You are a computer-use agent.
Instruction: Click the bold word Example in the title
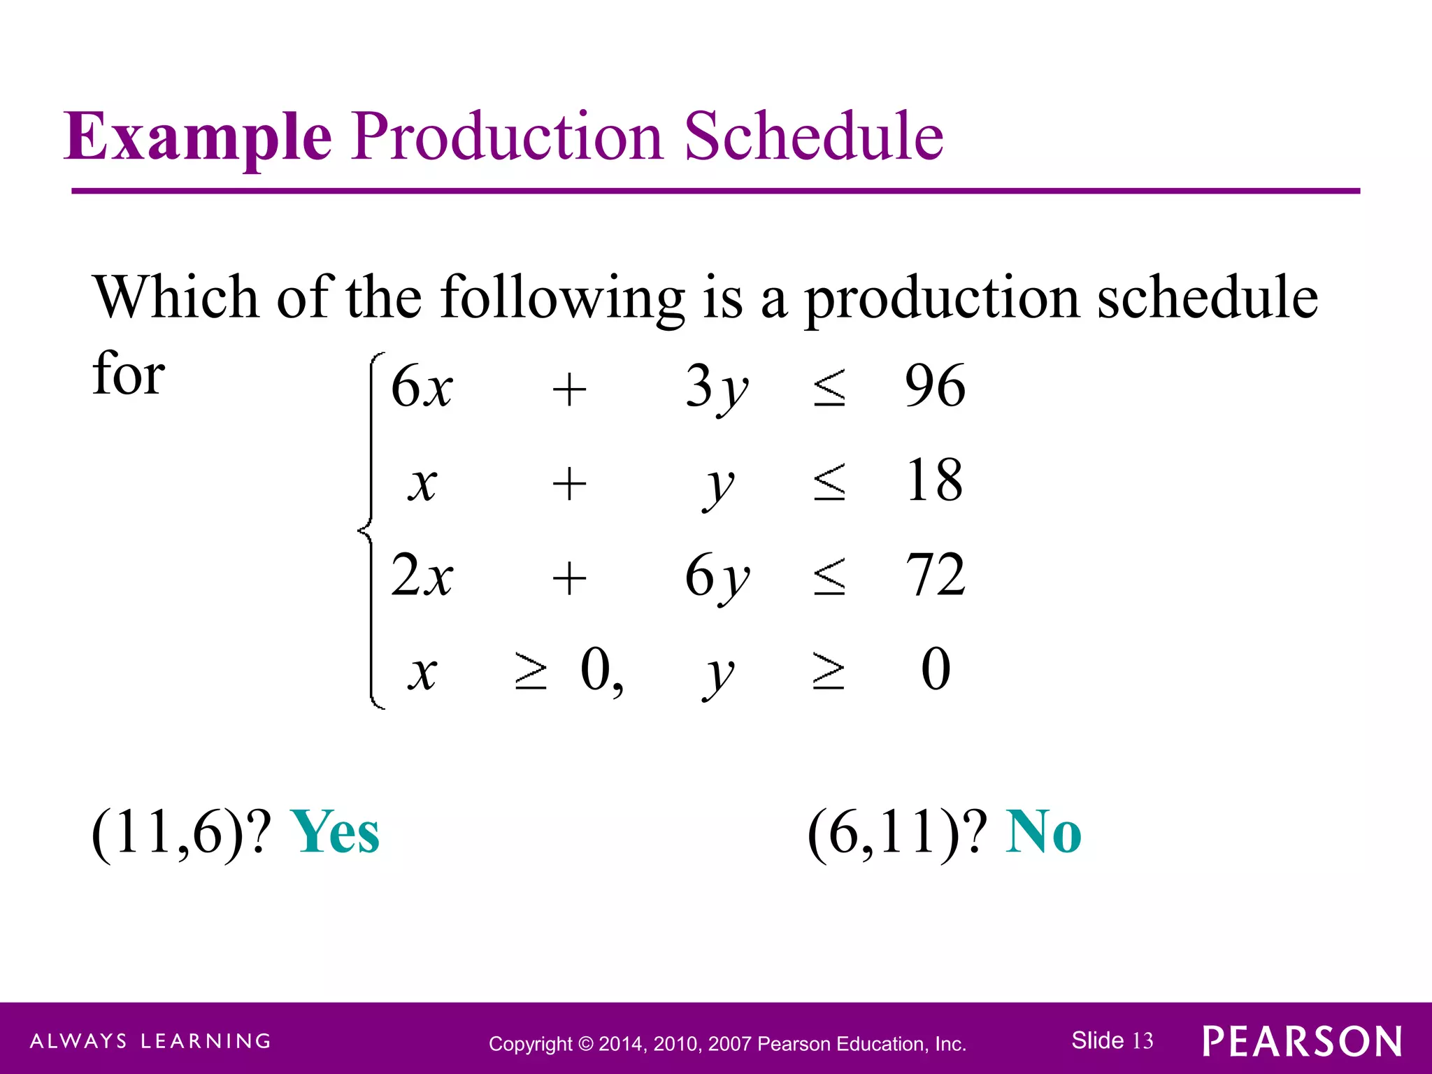pyautogui.click(x=198, y=136)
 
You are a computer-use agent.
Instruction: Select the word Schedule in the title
pyautogui.click(x=813, y=136)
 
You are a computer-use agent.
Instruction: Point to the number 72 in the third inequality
pyautogui.click(x=935, y=575)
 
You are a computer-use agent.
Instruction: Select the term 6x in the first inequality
pyautogui.click(x=422, y=387)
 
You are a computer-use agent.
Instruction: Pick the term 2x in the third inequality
pyautogui.click(x=422, y=575)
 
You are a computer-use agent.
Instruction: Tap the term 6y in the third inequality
pyautogui.click(x=716, y=577)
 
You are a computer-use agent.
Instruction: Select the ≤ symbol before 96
pyautogui.click(x=829, y=388)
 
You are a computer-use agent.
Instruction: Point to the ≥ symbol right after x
pyautogui.click(x=530, y=671)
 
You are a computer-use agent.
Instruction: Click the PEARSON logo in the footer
pyautogui.click(x=1302, y=1042)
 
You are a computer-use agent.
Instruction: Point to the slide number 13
pyautogui.click(x=1143, y=1040)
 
